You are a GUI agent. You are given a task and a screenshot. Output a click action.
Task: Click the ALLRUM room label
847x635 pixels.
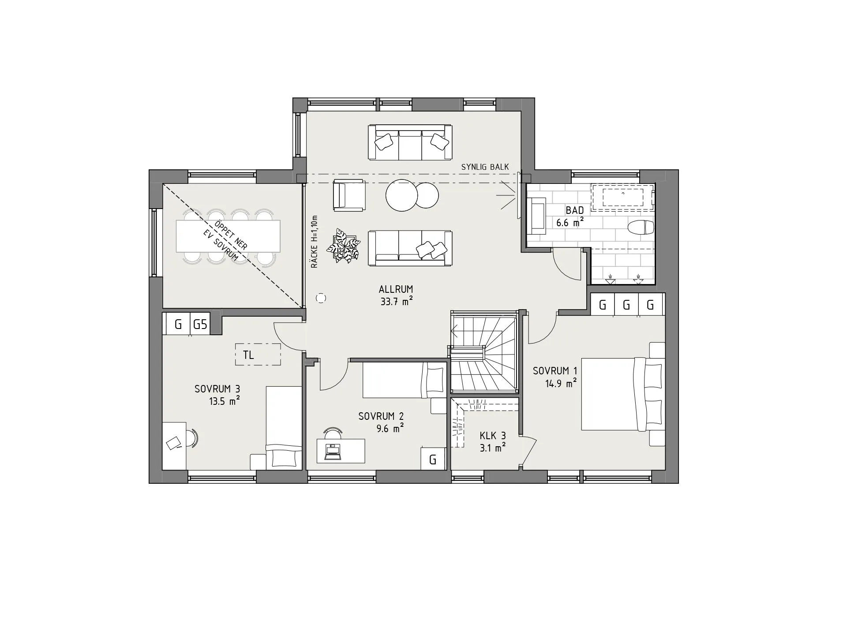click(396, 289)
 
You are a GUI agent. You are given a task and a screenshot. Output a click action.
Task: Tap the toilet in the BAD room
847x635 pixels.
click(641, 228)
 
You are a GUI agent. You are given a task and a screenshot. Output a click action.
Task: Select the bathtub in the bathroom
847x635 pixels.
click(622, 196)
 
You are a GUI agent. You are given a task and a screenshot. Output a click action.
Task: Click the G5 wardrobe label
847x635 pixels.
click(200, 325)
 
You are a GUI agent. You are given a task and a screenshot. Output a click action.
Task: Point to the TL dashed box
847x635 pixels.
click(258, 355)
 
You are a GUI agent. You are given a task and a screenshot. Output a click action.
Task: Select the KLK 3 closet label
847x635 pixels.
click(493, 436)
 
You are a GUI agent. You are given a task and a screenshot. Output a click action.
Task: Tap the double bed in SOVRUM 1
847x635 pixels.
click(623, 394)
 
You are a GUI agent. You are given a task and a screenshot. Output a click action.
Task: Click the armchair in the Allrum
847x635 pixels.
click(349, 194)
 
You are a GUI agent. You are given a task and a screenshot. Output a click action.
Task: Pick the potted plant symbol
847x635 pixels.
click(344, 246)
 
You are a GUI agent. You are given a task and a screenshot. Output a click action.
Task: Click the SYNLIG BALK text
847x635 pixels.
click(485, 167)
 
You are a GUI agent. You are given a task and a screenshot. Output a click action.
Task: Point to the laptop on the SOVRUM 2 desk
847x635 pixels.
click(333, 452)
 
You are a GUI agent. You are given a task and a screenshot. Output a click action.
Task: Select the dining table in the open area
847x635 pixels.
click(228, 236)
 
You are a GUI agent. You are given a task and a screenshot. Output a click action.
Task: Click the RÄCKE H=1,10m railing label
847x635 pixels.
click(314, 242)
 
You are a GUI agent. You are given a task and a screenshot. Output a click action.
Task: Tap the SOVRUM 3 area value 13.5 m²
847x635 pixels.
click(225, 401)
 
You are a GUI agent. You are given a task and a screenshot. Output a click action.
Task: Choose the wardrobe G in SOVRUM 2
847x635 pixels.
click(433, 459)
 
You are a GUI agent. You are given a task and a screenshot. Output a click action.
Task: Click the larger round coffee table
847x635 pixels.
click(401, 195)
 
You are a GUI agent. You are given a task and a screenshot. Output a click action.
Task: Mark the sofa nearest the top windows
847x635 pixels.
click(410, 142)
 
